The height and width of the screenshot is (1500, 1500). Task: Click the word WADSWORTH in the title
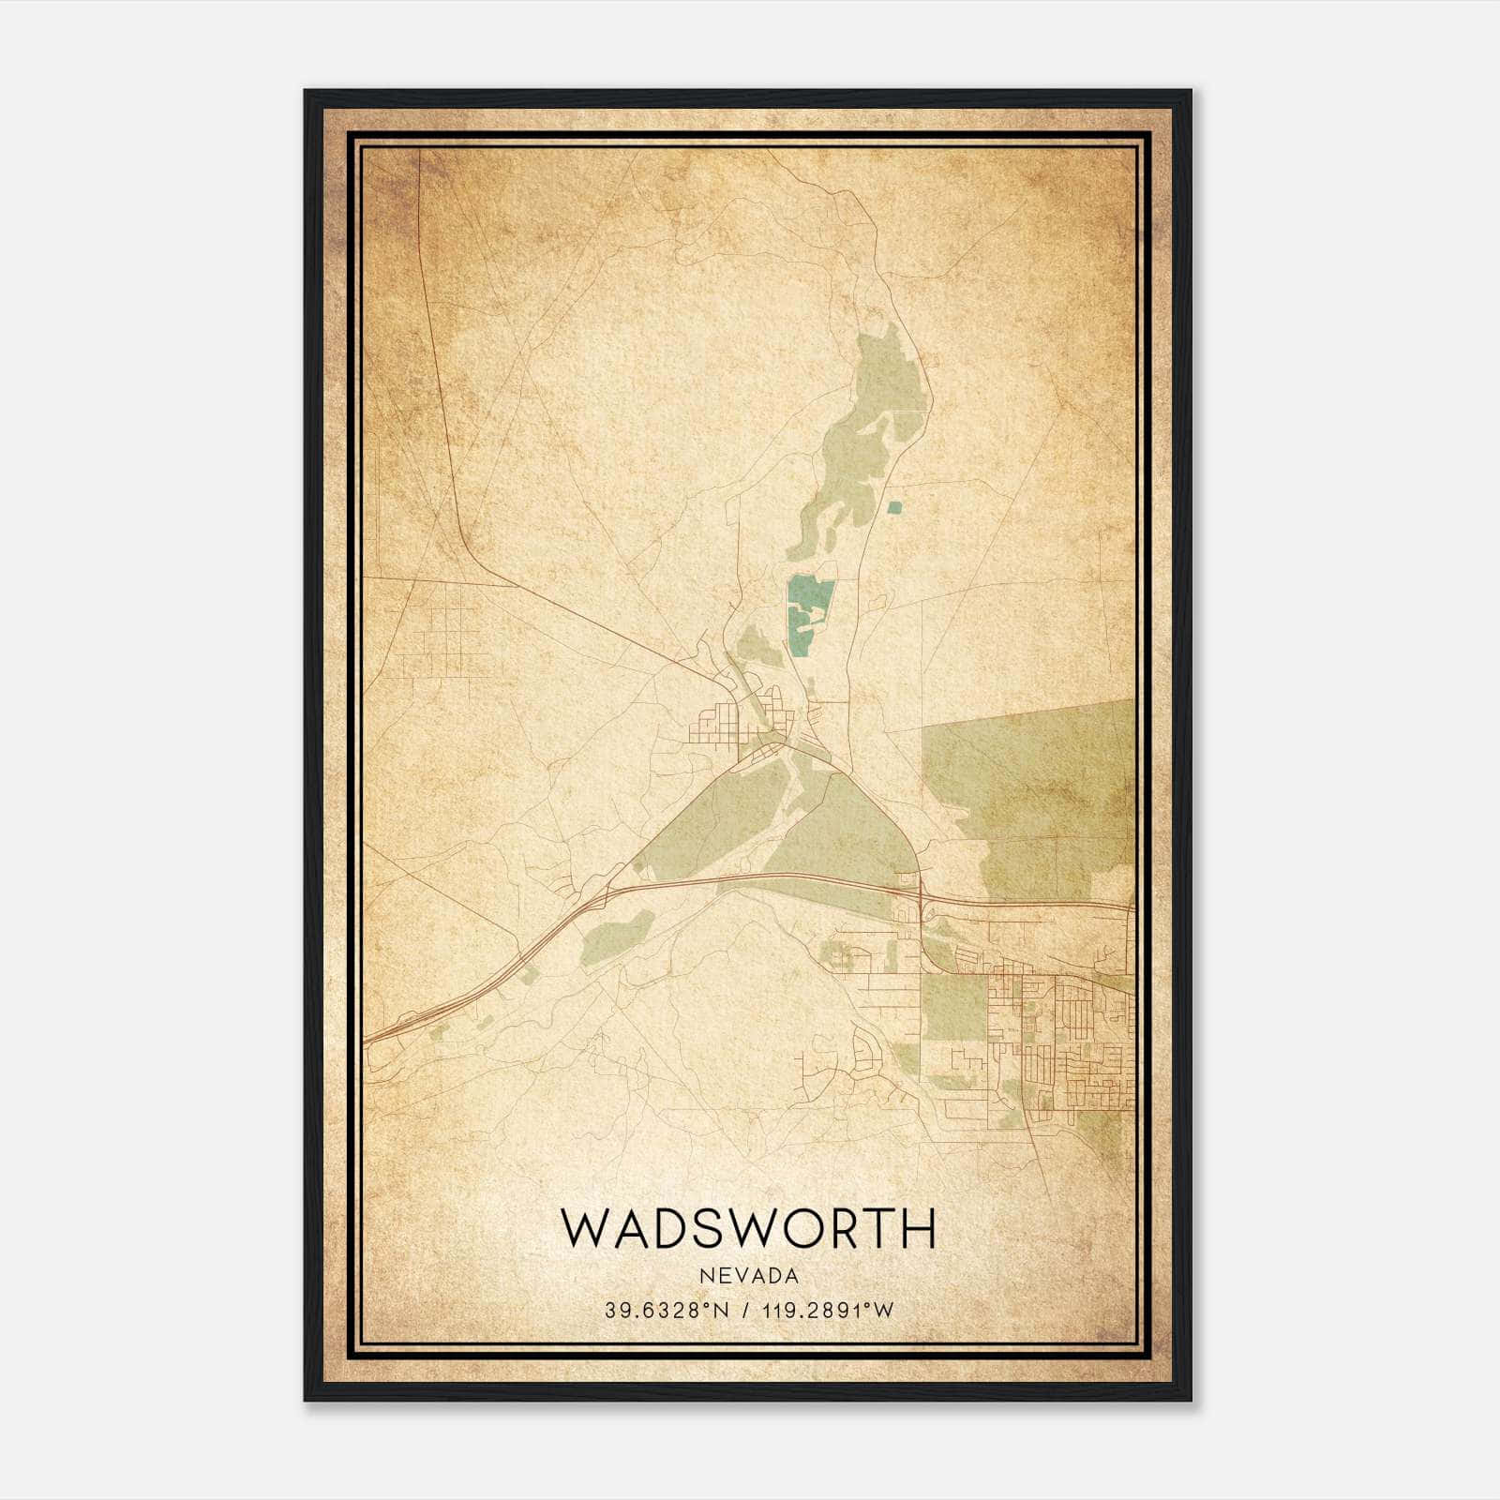(748, 1228)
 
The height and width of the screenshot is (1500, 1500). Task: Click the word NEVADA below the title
(748, 1276)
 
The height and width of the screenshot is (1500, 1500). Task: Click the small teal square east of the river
(894, 507)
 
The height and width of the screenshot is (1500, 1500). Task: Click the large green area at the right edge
(1031, 787)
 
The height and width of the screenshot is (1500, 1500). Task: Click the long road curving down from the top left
(441, 422)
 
